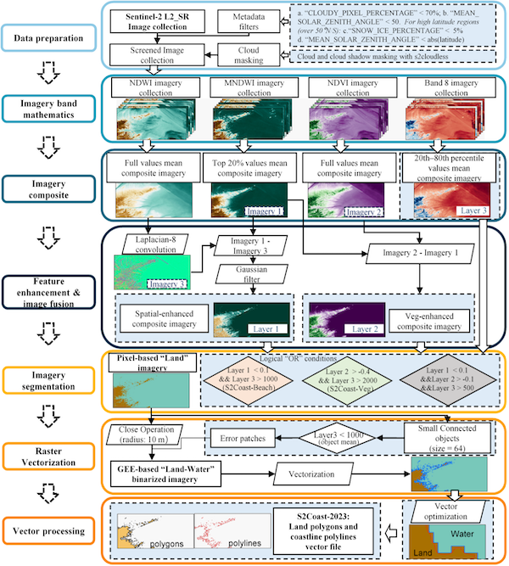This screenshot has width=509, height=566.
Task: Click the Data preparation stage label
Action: tap(48, 39)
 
